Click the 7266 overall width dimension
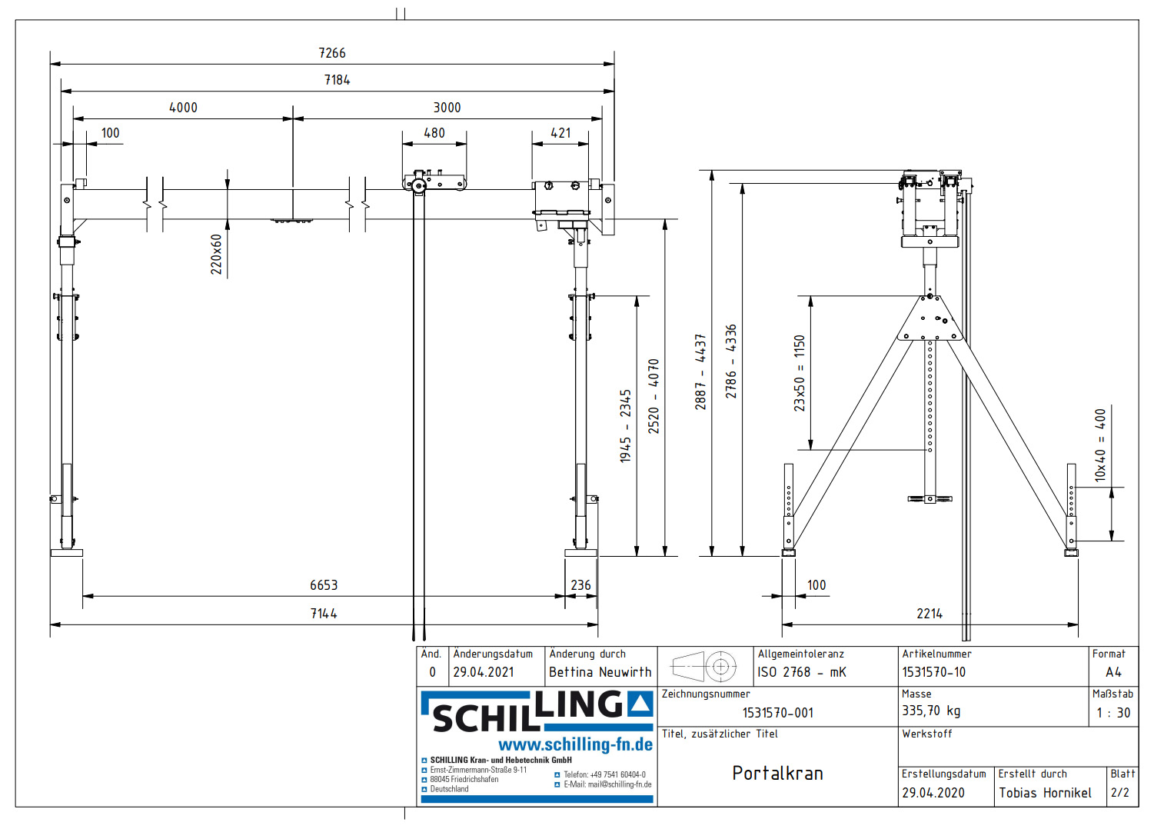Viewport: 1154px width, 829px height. [x=332, y=53]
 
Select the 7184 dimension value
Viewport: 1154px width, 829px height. [x=337, y=80]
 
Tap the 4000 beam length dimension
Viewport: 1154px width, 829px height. [x=183, y=108]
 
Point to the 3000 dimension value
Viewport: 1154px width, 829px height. [x=447, y=108]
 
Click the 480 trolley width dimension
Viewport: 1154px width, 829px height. [x=434, y=133]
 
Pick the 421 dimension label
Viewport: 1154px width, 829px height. [x=560, y=133]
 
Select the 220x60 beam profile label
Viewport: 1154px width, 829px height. [x=216, y=255]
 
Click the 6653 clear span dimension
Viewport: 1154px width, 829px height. [x=324, y=585]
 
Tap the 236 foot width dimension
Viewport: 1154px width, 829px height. [x=580, y=585]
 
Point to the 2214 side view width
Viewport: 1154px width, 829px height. [x=930, y=614]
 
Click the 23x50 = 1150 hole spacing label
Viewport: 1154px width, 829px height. [x=800, y=373]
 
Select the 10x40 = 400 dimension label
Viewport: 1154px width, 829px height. [x=1100, y=445]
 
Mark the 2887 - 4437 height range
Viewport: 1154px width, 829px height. [x=700, y=371]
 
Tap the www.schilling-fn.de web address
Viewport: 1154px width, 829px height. [x=575, y=744]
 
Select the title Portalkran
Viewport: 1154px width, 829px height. [x=777, y=774]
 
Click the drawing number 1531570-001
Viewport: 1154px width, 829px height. [x=777, y=713]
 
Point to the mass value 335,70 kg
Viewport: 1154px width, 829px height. [x=931, y=711]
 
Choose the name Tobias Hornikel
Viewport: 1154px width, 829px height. [x=1045, y=793]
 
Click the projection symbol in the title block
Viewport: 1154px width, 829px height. [x=704, y=666]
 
